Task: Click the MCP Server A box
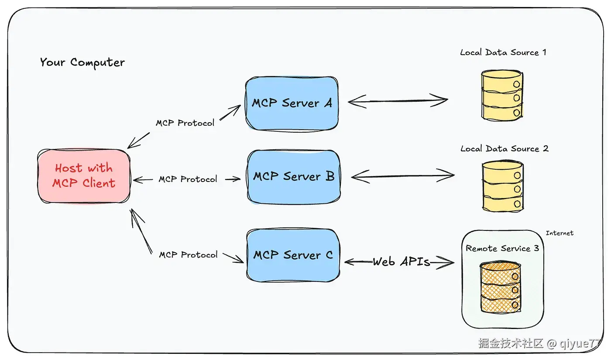coord(291,103)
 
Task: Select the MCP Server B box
coord(293,177)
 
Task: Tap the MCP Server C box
coord(293,255)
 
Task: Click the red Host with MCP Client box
coord(84,176)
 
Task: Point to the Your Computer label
coord(82,62)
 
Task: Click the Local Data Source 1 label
coord(503,52)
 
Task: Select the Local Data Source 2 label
coord(504,149)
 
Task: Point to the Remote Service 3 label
coord(502,249)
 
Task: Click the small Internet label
coord(560,233)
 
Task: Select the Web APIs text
coord(401,262)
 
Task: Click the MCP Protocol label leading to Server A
coord(185,123)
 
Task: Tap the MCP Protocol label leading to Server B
coord(188,179)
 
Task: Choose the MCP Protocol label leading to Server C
coord(188,255)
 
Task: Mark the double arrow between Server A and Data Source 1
coord(398,101)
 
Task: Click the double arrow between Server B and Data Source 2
coord(402,176)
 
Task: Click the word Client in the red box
coord(99,183)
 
